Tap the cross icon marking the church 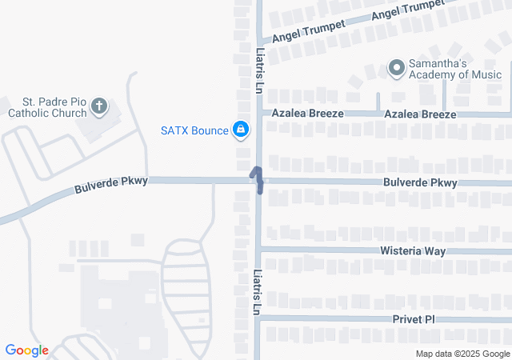(98, 106)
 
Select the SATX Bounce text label (194, 130)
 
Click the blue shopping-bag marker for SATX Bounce (240, 129)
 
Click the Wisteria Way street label (411, 251)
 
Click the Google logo (26, 350)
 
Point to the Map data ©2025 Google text (462, 354)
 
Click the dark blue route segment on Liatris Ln (258, 179)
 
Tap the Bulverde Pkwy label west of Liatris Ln (112, 186)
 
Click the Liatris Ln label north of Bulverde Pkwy (260, 74)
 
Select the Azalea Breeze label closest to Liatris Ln (307, 114)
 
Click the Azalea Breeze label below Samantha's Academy (420, 114)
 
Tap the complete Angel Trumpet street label (309, 32)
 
